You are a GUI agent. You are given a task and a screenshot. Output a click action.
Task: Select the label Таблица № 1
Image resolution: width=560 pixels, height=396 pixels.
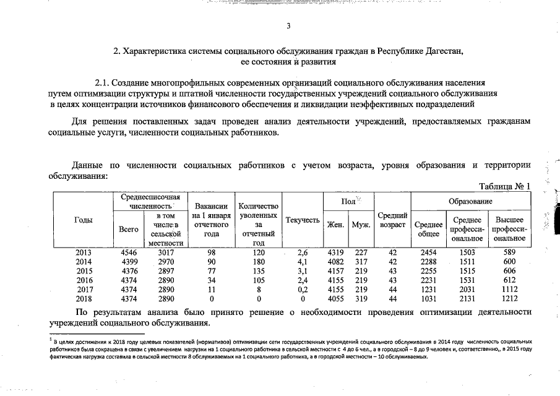(x=505, y=187)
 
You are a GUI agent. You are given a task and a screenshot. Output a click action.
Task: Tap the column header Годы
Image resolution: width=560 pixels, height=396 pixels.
(x=84, y=220)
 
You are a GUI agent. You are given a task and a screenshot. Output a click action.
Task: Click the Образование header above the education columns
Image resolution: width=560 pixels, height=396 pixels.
(x=470, y=202)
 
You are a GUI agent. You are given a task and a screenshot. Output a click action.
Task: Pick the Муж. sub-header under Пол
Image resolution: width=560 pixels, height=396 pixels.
(x=360, y=225)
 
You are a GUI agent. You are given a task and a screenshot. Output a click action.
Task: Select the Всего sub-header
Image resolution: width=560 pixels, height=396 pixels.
(x=128, y=229)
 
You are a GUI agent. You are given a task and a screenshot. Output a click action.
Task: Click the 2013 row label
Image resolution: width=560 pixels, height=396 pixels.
(x=84, y=252)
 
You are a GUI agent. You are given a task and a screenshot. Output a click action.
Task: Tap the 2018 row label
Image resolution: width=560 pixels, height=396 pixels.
(x=84, y=299)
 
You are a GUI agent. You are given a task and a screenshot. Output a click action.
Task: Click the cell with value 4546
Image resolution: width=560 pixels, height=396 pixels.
(x=128, y=252)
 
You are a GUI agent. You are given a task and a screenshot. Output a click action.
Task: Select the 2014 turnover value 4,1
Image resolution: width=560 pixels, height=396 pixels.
(x=303, y=262)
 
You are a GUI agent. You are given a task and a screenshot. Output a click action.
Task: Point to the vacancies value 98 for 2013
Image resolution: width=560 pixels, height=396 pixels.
(x=212, y=252)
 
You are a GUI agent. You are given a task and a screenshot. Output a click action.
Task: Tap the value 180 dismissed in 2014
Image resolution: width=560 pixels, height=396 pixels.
(x=259, y=262)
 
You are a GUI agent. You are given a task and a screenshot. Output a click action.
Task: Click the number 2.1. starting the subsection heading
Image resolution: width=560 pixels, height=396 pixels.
(x=103, y=82)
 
